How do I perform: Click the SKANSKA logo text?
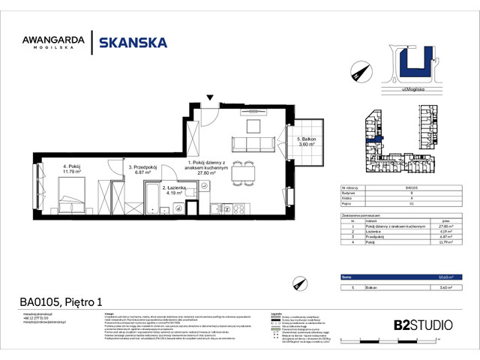133,43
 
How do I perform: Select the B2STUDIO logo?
423,325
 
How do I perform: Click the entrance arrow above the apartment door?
210,98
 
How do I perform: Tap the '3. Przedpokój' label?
143,169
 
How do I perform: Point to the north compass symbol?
357,71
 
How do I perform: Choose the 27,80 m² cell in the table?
445,226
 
